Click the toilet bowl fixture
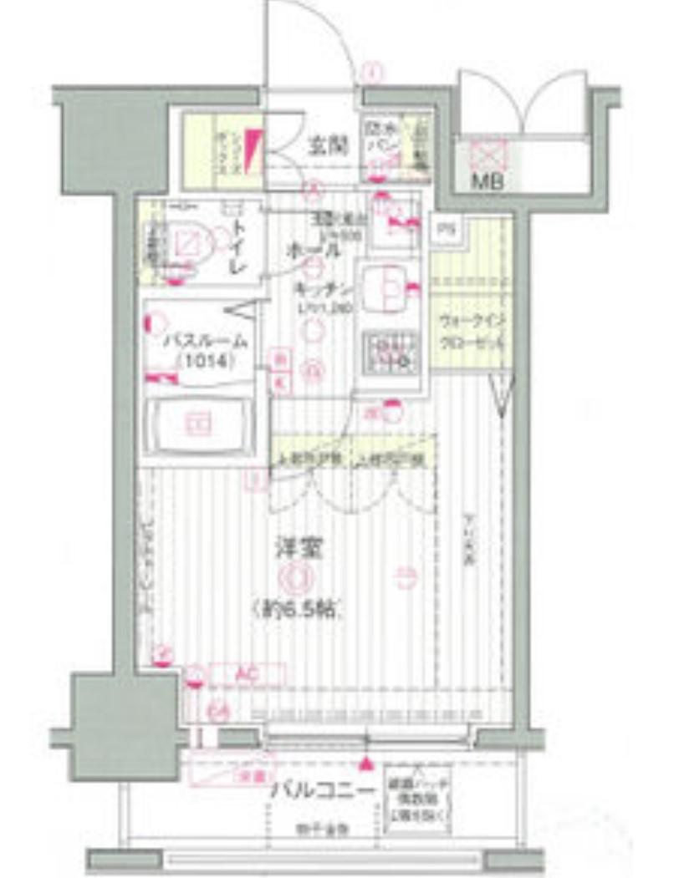pos(189,245)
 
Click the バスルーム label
pos(205,341)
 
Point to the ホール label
pos(313,250)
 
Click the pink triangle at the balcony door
pos(365,763)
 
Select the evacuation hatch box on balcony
pos(418,799)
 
